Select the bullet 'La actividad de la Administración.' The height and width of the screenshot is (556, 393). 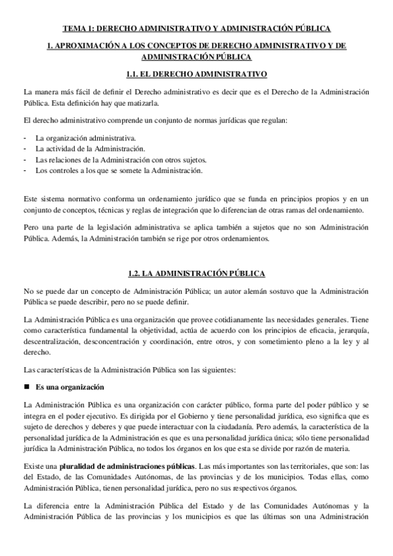tap(90, 149)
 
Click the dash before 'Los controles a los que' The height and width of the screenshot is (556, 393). tap(24, 170)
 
